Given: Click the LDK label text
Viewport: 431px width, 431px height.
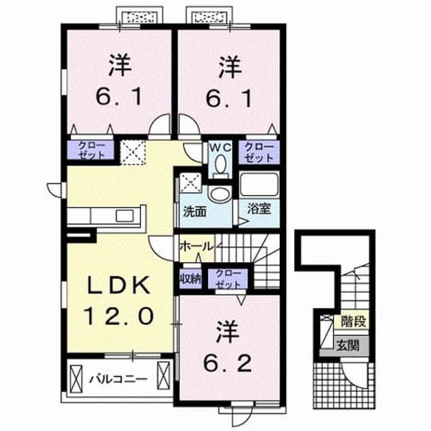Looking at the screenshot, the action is [119, 285].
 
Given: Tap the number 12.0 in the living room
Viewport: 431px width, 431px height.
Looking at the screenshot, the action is [119, 316].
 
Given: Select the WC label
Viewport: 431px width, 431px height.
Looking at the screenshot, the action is [220, 148].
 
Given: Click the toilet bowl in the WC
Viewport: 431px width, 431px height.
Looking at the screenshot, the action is [220, 164].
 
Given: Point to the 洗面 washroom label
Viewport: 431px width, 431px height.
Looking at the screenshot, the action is [194, 212].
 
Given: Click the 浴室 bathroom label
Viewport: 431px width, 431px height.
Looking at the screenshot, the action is [259, 209].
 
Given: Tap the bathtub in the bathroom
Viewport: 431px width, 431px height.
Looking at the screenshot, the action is [259, 184].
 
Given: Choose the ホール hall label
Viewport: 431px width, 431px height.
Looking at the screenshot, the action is [196, 246].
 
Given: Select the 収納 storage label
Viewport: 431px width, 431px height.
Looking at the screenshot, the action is [190, 279].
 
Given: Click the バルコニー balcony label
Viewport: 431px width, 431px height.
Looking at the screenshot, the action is [118, 380].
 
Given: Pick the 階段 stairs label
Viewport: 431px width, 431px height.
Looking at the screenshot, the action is [353, 322].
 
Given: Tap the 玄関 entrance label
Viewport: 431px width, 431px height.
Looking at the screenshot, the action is [348, 345].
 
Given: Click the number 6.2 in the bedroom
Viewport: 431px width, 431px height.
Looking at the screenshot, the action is [227, 363].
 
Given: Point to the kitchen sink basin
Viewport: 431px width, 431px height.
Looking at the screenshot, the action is [125, 215].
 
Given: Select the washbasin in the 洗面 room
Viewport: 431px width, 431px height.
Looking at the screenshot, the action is [220, 194].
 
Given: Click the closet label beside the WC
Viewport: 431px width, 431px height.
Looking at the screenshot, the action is [259, 153].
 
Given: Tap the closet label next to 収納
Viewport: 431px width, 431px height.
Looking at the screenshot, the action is [228, 279].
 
